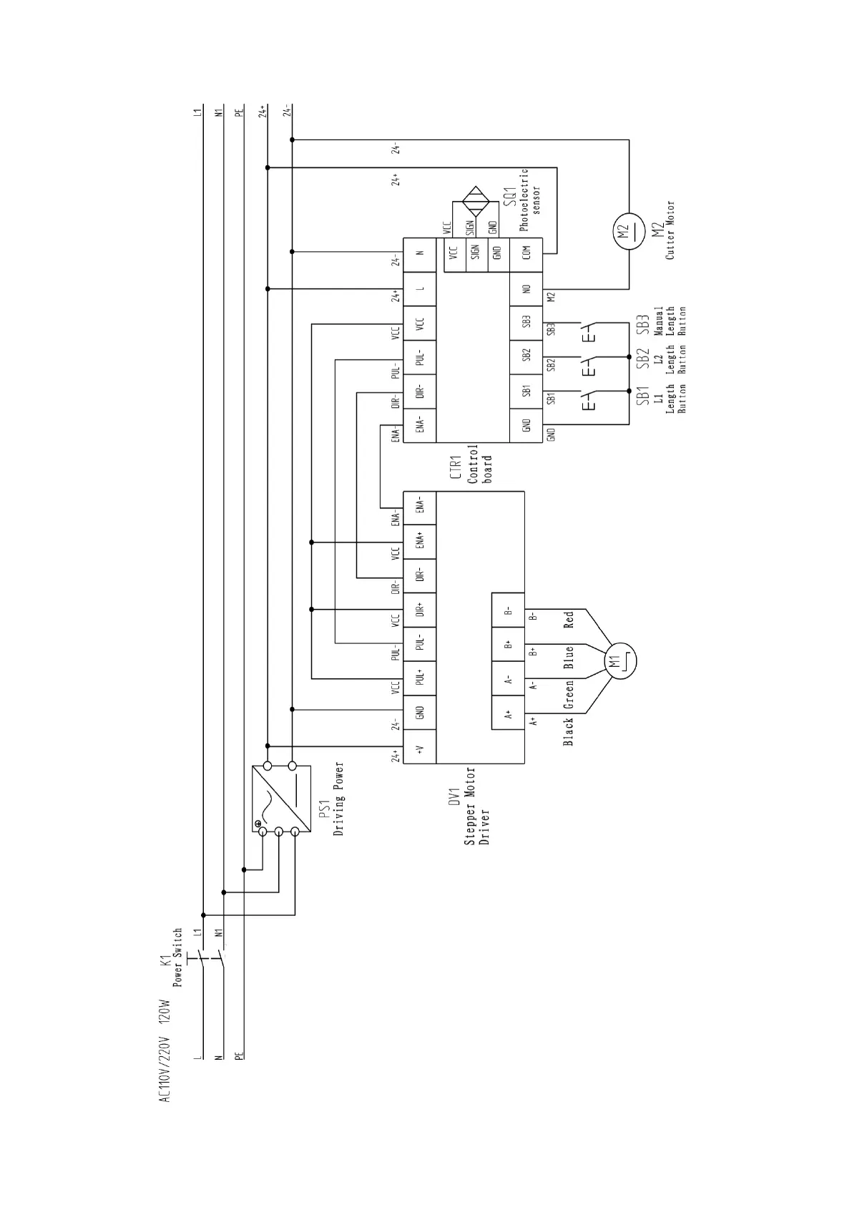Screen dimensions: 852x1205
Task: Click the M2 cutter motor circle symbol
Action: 629,232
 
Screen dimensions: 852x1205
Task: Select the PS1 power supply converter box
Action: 281,799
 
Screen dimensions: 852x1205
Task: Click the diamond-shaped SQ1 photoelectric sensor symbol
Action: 476,201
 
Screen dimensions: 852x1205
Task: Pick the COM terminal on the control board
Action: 526,253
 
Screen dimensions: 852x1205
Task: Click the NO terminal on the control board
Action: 526,289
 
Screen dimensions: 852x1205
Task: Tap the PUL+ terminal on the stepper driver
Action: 419,678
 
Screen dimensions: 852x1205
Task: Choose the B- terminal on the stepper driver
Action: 508,610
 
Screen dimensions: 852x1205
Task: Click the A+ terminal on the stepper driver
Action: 508,713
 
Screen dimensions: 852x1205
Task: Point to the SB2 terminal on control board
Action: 526,356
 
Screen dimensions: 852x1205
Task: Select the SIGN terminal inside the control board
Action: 476,253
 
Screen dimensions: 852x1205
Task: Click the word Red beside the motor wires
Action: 569,620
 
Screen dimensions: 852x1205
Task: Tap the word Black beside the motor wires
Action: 569,731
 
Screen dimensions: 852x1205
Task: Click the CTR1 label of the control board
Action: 455,467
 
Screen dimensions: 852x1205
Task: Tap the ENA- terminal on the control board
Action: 419,425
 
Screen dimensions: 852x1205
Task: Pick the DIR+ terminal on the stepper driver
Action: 419,610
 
